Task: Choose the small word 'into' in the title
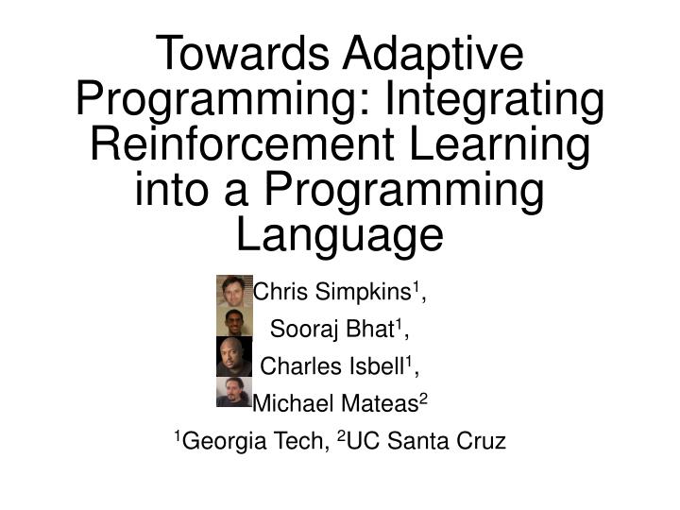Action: click(x=174, y=190)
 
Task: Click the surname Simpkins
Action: click(x=363, y=293)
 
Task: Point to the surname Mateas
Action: click(x=371, y=403)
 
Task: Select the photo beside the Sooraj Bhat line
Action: click(x=233, y=323)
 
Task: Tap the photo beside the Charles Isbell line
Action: click(x=233, y=357)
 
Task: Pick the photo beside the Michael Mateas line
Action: click(x=233, y=392)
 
